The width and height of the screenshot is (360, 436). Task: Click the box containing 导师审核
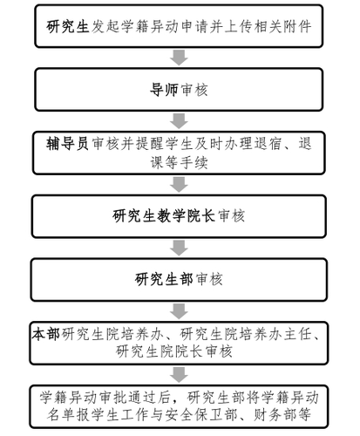[180, 89]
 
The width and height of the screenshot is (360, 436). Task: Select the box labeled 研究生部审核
[180, 280]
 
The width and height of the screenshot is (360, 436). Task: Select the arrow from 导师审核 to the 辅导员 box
[180, 119]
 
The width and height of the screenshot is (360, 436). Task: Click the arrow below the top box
[180, 57]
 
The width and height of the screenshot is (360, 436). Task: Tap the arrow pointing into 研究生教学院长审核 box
[180, 184]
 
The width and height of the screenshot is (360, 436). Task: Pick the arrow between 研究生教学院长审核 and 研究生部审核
[180, 248]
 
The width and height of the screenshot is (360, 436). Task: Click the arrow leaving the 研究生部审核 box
[180, 311]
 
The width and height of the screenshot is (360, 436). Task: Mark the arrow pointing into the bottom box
[180, 374]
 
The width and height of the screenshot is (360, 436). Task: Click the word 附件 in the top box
[295, 25]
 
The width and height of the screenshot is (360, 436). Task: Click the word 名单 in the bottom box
[53, 413]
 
